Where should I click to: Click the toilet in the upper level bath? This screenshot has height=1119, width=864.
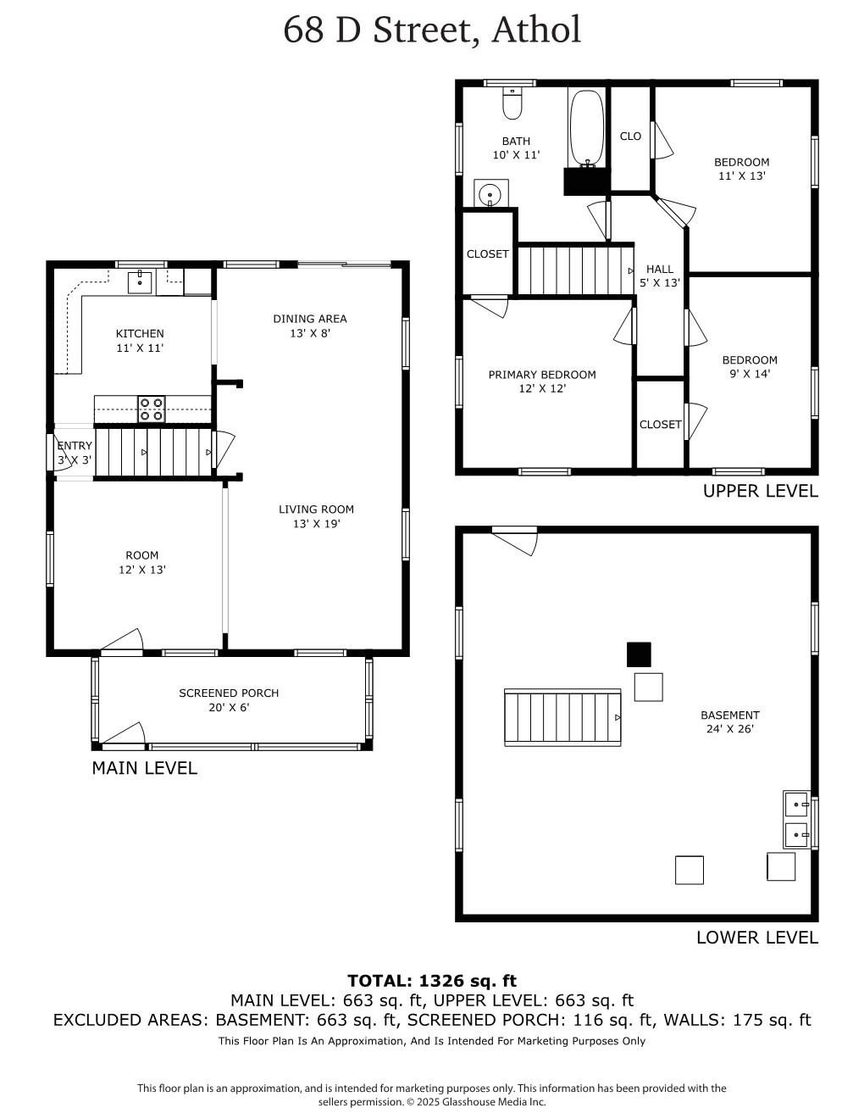click(512, 103)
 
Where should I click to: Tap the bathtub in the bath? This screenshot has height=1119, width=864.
click(586, 129)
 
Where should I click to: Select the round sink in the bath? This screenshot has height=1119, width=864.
click(490, 194)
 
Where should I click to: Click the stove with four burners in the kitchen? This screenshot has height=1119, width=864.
click(152, 409)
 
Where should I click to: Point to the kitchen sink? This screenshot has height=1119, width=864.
click(140, 281)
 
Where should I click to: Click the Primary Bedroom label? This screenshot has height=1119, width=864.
click(542, 381)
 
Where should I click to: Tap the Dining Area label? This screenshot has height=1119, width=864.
click(310, 326)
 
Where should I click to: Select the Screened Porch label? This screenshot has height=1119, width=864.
click(229, 699)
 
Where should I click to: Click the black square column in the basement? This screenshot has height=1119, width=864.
click(639, 654)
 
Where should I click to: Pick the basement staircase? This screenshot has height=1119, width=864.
click(562, 718)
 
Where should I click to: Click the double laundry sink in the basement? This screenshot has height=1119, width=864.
click(796, 819)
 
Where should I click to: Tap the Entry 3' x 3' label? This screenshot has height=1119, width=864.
click(75, 453)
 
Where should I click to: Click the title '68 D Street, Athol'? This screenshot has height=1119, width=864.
click(432, 30)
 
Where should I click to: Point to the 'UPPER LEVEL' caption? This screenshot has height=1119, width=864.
click(760, 491)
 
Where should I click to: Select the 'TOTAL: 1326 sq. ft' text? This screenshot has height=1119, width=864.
click(432, 981)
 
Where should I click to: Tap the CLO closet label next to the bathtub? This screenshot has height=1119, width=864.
click(630, 136)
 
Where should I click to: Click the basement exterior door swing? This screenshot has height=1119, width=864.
click(516, 540)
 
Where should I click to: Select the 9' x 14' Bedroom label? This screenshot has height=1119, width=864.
click(750, 366)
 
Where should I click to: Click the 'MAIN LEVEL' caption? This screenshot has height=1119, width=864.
click(144, 768)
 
